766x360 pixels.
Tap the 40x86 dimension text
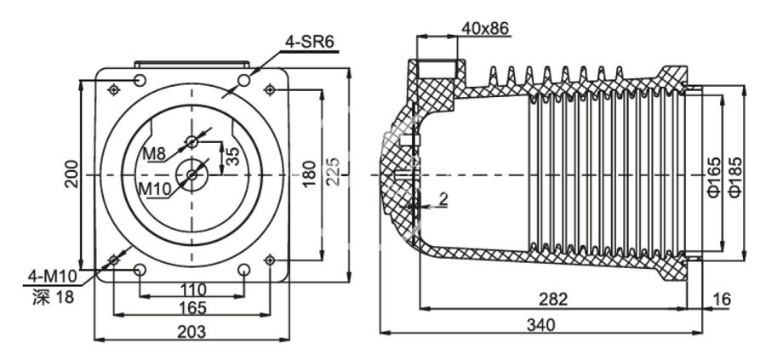click(x=484, y=28)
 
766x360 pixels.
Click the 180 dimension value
click(x=309, y=173)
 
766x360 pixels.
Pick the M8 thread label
click(x=154, y=153)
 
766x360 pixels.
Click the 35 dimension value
click(x=232, y=156)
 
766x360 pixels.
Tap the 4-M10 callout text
click(x=52, y=276)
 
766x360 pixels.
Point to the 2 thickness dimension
click(x=443, y=199)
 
